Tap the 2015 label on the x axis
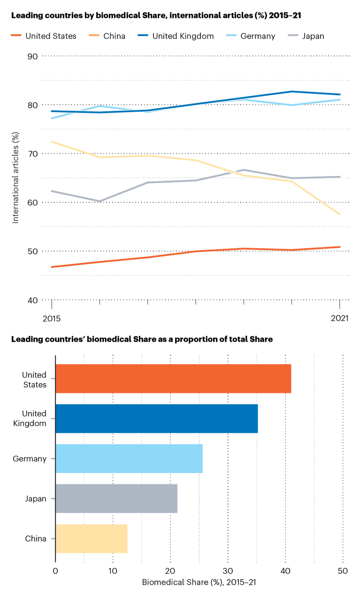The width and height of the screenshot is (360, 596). pyautogui.click(x=51, y=318)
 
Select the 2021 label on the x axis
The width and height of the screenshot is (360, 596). pyautogui.click(x=339, y=318)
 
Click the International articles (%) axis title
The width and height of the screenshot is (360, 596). pyautogui.click(x=15, y=178)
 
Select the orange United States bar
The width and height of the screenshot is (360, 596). pyautogui.click(x=173, y=378)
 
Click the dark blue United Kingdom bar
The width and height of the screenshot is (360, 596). pyautogui.click(x=156, y=418)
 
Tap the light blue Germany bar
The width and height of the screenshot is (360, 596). pyautogui.click(x=129, y=458)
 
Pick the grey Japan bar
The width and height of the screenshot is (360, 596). pyautogui.click(x=116, y=498)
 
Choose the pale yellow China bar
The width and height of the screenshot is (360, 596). pyautogui.click(x=92, y=538)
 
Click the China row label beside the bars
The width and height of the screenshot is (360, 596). pyautogui.click(x=36, y=538)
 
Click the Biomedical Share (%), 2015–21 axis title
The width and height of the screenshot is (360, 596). pyautogui.click(x=199, y=582)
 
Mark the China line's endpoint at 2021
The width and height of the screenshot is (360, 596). pyautogui.click(x=340, y=214)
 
